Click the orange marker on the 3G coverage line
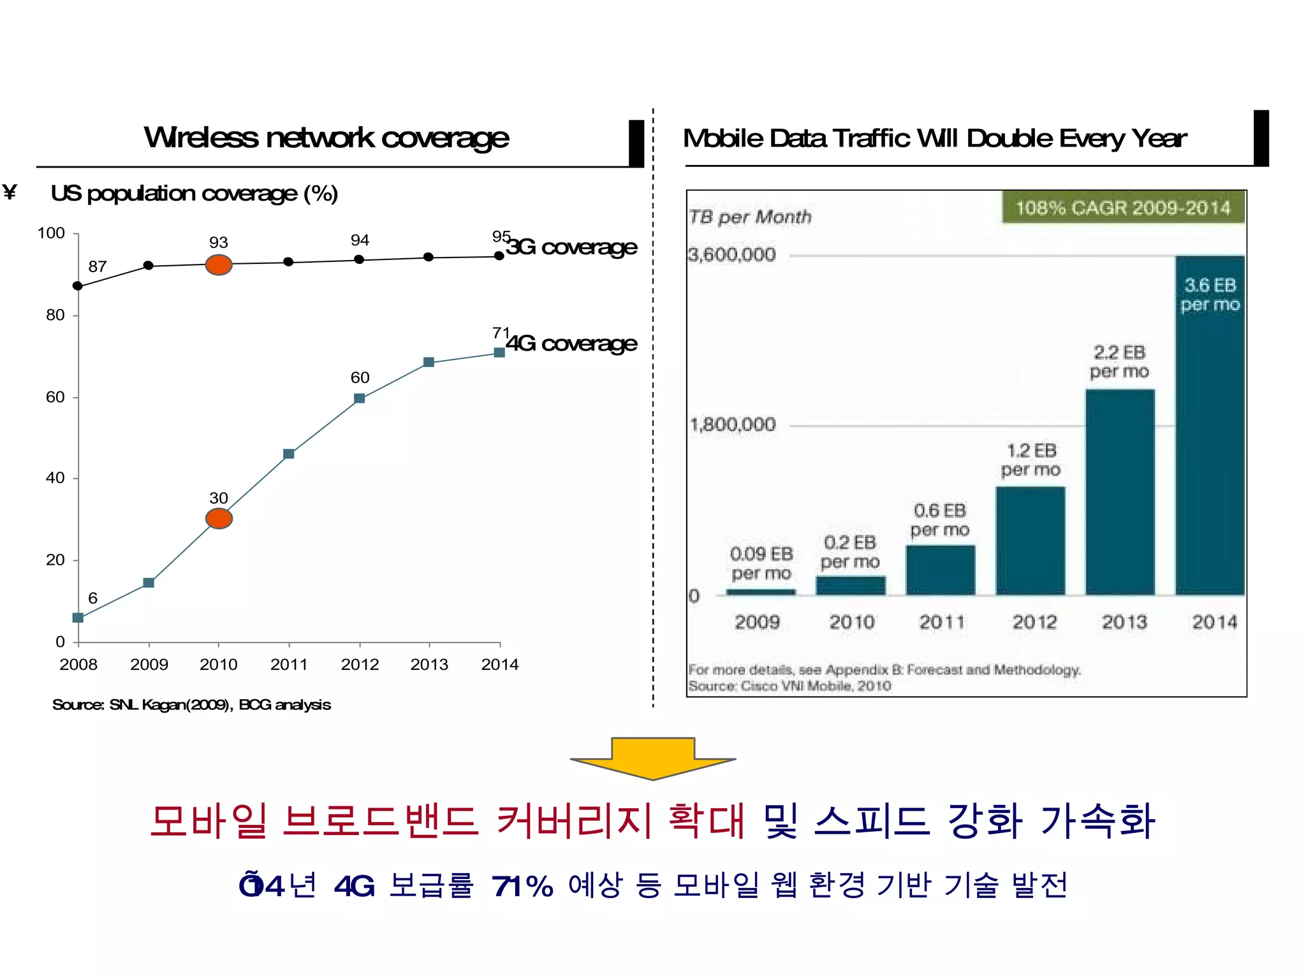click(x=219, y=265)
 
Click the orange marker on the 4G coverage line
click(x=219, y=518)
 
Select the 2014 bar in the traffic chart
click(x=1210, y=425)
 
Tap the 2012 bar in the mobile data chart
click(x=1031, y=540)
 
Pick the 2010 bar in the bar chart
click(x=851, y=585)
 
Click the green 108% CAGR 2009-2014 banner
click(x=1123, y=208)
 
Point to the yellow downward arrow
click(x=653, y=758)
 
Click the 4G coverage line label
click(x=572, y=343)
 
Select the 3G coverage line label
click(x=572, y=247)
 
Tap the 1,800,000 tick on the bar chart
click(x=733, y=424)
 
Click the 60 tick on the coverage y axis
click(x=55, y=397)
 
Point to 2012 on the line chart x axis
click(x=360, y=664)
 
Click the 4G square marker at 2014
click(x=499, y=352)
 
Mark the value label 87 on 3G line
click(x=97, y=266)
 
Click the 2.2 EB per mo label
click(x=1119, y=361)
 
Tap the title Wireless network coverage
click(x=326, y=138)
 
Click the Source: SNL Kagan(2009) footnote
click(x=191, y=704)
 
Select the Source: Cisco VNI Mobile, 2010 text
click(x=789, y=686)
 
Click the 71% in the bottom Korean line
click(x=522, y=886)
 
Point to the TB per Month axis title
click(x=750, y=217)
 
